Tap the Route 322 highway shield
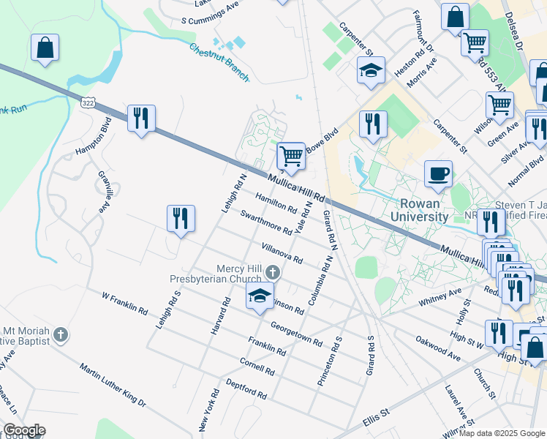[88, 103]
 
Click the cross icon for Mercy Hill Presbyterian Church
[271, 272]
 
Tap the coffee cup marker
[438, 173]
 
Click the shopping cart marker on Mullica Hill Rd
[291, 156]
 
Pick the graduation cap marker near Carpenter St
[371, 71]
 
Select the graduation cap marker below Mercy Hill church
[258, 296]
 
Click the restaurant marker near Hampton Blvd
[140, 119]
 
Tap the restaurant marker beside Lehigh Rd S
[180, 218]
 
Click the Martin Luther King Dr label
[113, 386]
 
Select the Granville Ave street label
[108, 190]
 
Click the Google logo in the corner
[24, 430]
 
